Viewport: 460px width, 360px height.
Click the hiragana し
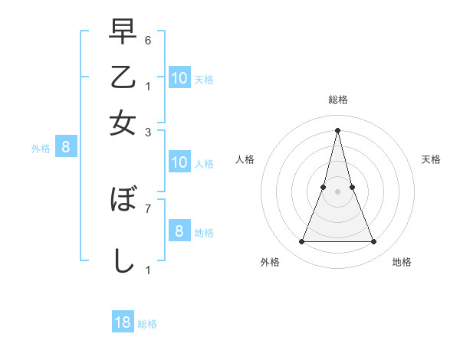click(x=123, y=260)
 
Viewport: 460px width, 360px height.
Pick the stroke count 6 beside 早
click(x=148, y=39)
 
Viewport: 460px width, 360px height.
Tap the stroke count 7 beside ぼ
click(x=148, y=208)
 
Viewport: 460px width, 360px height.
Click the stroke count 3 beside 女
click(x=148, y=132)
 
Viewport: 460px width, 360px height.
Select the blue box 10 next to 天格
click(x=179, y=77)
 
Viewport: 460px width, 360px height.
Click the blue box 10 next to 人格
click(x=179, y=162)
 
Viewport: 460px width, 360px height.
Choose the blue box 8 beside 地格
click(x=179, y=231)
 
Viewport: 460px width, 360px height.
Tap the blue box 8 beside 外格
click(x=66, y=148)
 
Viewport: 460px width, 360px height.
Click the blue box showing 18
click(x=123, y=322)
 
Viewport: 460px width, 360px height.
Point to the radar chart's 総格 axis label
click(x=338, y=100)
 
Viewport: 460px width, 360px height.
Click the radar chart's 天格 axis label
click(x=431, y=159)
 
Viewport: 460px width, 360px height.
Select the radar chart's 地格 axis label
click(x=402, y=262)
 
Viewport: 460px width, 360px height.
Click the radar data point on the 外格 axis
click(x=301, y=242)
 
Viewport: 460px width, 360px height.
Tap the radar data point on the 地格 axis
click(x=374, y=242)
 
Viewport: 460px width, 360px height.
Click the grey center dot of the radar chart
click(x=338, y=192)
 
